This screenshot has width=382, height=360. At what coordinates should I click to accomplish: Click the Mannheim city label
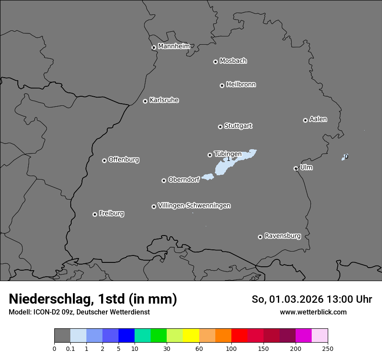pyautogui.click(x=174, y=46)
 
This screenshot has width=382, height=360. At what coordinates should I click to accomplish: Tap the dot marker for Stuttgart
pyautogui.click(x=220, y=127)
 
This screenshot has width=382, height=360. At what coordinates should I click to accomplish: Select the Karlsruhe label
pyautogui.click(x=164, y=100)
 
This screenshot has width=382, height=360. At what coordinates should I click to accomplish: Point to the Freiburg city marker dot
pyautogui.click(x=95, y=214)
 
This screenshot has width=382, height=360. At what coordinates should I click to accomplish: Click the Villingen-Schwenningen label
pyautogui.click(x=194, y=206)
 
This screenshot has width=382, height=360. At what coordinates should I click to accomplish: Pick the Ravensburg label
pyautogui.click(x=282, y=236)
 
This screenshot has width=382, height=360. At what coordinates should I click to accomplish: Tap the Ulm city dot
pyautogui.click(x=296, y=168)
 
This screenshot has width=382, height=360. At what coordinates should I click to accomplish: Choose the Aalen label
pyautogui.click(x=318, y=119)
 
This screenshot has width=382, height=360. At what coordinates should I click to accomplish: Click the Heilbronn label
pyautogui.click(x=240, y=85)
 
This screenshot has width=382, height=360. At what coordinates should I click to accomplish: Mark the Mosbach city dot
pyautogui.click(x=215, y=62)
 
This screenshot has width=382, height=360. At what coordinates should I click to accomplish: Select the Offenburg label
pyautogui.click(x=123, y=160)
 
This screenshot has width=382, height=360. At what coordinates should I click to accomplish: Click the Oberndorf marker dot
pyautogui.click(x=164, y=180)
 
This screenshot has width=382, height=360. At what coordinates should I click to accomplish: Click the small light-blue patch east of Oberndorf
pyautogui.click(x=208, y=177)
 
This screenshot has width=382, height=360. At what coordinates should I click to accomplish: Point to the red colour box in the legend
pyautogui.click(x=239, y=336)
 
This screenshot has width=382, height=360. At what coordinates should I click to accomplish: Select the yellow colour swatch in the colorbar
pyautogui.click(x=191, y=336)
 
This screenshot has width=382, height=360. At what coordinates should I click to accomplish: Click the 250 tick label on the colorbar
pyautogui.click(x=328, y=348)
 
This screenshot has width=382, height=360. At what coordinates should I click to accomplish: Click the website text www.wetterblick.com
pyautogui.click(x=313, y=312)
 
